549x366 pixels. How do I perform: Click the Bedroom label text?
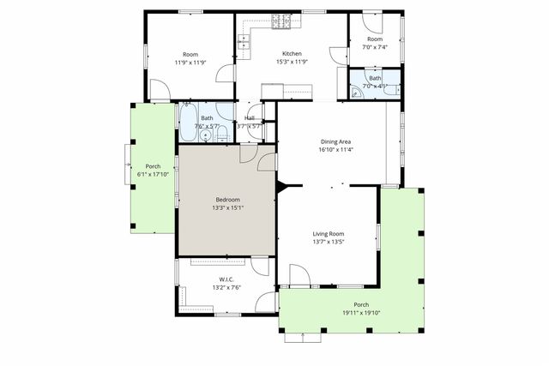pos(226,200)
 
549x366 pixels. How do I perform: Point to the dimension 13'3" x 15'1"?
pos(226,208)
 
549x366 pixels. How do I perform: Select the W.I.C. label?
pos(226,279)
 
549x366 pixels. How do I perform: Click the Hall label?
pos(250,118)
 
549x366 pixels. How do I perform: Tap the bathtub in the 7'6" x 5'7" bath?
pos(187,122)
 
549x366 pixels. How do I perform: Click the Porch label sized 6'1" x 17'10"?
pos(153,166)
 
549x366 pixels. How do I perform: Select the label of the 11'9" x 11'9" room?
pos(190,54)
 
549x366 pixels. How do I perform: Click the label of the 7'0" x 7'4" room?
pos(375,39)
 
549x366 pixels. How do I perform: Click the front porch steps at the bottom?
pos(304,337)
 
